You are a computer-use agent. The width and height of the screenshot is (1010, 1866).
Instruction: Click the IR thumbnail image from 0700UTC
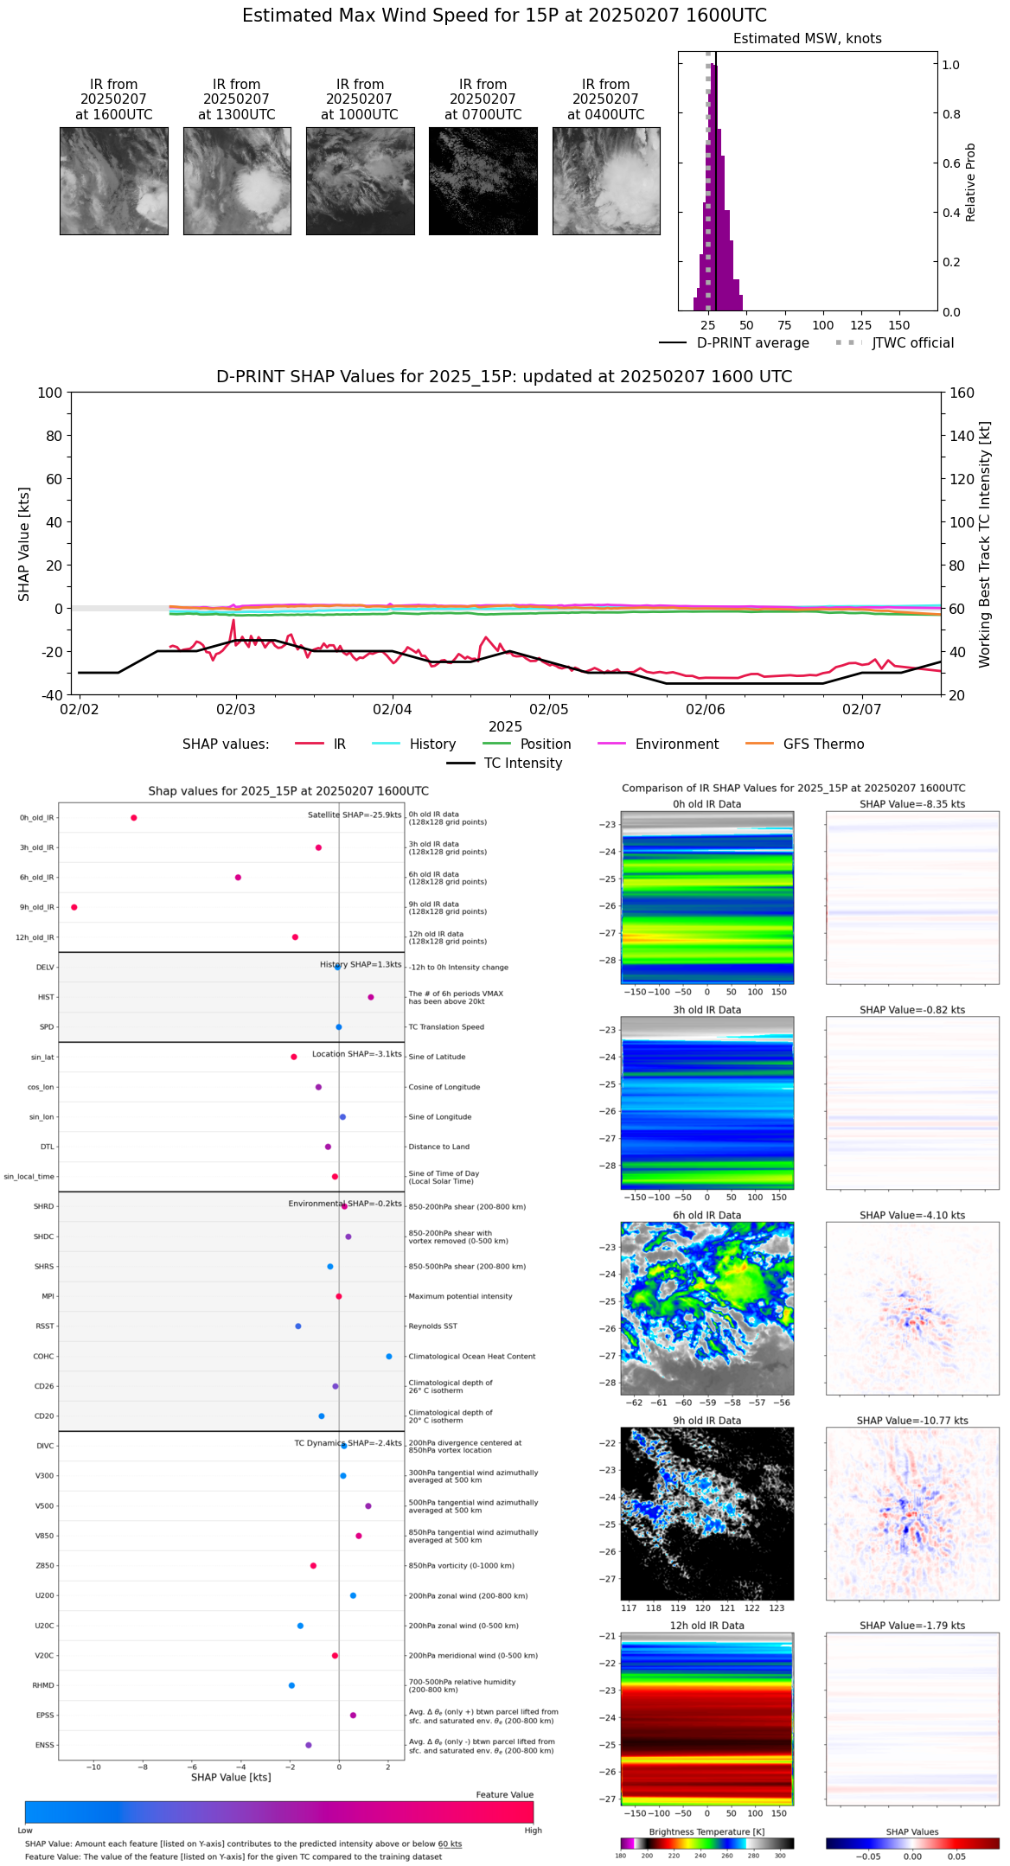click(x=483, y=181)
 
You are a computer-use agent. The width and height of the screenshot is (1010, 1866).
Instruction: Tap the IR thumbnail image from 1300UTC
click(x=237, y=181)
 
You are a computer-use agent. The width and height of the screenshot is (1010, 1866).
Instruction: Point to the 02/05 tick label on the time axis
click(x=548, y=710)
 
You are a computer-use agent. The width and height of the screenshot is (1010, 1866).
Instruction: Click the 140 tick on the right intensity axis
click(x=962, y=436)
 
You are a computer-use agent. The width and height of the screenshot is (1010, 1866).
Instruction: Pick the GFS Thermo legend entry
click(x=823, y=744)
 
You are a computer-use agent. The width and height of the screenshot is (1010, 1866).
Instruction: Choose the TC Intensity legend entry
click(x=522, y=764)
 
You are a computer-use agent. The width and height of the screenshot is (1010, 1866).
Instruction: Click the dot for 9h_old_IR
click(x=74, y=907)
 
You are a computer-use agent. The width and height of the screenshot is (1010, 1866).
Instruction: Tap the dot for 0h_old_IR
click(x=133, y=817)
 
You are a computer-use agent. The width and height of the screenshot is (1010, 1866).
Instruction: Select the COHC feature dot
click(x=389, y=1356)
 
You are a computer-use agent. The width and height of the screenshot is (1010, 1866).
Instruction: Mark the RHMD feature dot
click(x=291, y=1685)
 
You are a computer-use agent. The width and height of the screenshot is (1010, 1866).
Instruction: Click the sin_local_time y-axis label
click(x=29, y=1177)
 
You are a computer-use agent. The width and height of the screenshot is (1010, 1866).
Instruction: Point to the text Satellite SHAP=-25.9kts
click(x=355, y=815)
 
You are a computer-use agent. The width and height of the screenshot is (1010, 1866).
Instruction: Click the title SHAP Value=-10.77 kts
click(x=912, y=1421)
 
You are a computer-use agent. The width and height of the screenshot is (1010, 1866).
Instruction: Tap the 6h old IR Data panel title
click(x=706, y=1215)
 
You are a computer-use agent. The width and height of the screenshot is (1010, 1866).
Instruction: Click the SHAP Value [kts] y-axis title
click(x=24, y=544)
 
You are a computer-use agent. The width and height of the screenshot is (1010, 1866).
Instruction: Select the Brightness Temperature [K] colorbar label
click(x=706, y=1831)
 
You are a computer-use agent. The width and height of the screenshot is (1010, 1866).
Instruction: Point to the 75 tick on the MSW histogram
click(x=784, y=326)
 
